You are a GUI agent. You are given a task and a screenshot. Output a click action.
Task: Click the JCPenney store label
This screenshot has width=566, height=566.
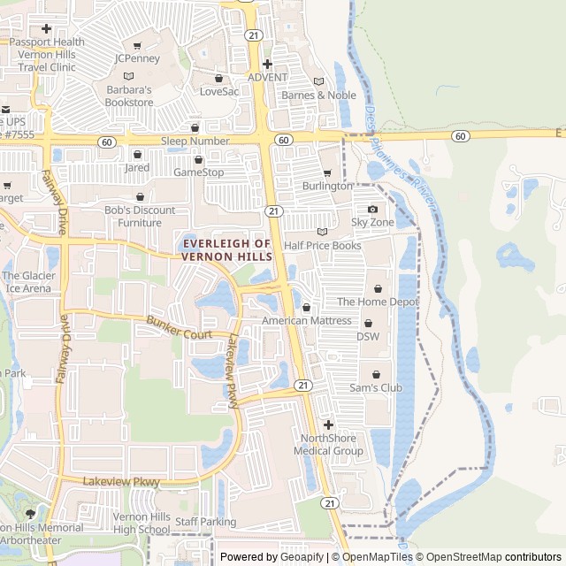tap(136, 58)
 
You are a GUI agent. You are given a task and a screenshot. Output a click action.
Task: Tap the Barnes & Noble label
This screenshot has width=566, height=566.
tap(318, 96)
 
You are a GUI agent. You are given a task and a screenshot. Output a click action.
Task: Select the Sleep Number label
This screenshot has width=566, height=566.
tap(195, 141)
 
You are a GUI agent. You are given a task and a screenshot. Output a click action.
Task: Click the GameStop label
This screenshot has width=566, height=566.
tap(198, 172)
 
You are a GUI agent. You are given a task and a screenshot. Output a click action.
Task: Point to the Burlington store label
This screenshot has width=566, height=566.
tap(327, 187)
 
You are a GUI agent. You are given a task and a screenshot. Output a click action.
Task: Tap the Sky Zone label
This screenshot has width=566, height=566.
tap(372, 222)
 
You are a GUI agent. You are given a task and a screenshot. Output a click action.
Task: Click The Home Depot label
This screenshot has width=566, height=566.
tap(379, 302)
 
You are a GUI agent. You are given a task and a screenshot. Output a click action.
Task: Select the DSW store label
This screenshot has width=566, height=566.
tap(367, 336)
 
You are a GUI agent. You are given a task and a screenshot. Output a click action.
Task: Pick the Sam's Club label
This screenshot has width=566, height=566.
tap(376, 387)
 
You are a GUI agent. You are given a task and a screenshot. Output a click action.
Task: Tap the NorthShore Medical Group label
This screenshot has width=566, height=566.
tap(332, 445)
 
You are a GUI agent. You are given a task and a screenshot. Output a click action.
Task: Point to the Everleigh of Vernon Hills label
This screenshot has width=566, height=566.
tap(226, 249)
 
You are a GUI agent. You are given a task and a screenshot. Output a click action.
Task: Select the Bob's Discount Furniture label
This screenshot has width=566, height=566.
tap(140, 217)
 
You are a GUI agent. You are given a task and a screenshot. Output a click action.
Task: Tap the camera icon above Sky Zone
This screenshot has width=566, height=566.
tap(372, 210)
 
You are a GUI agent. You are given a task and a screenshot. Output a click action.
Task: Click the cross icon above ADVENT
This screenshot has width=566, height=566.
tap(267, 64)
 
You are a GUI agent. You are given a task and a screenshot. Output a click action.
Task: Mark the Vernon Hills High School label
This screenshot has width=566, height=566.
tap(141, 523)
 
